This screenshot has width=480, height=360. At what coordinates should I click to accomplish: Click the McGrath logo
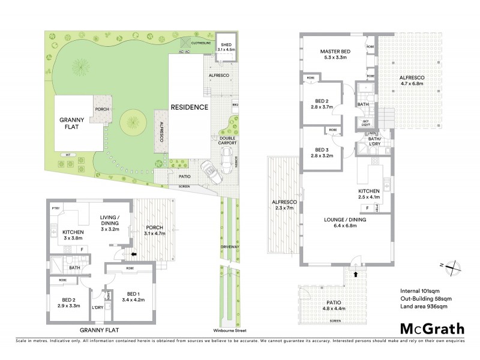(431, 329)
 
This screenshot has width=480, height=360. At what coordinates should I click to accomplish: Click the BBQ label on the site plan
(235, 103)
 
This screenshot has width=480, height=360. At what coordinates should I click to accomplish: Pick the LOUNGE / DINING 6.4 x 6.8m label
(340, 223)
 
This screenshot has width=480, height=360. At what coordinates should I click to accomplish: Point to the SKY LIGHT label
(364, 123)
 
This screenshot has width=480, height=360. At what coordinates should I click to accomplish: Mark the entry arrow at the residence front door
(358, 274)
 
